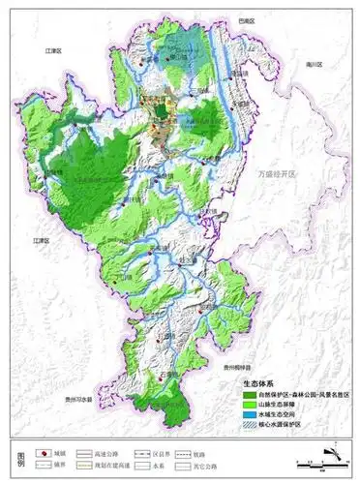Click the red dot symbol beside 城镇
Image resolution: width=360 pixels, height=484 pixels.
pyautogui.click(x=43, y=452)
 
